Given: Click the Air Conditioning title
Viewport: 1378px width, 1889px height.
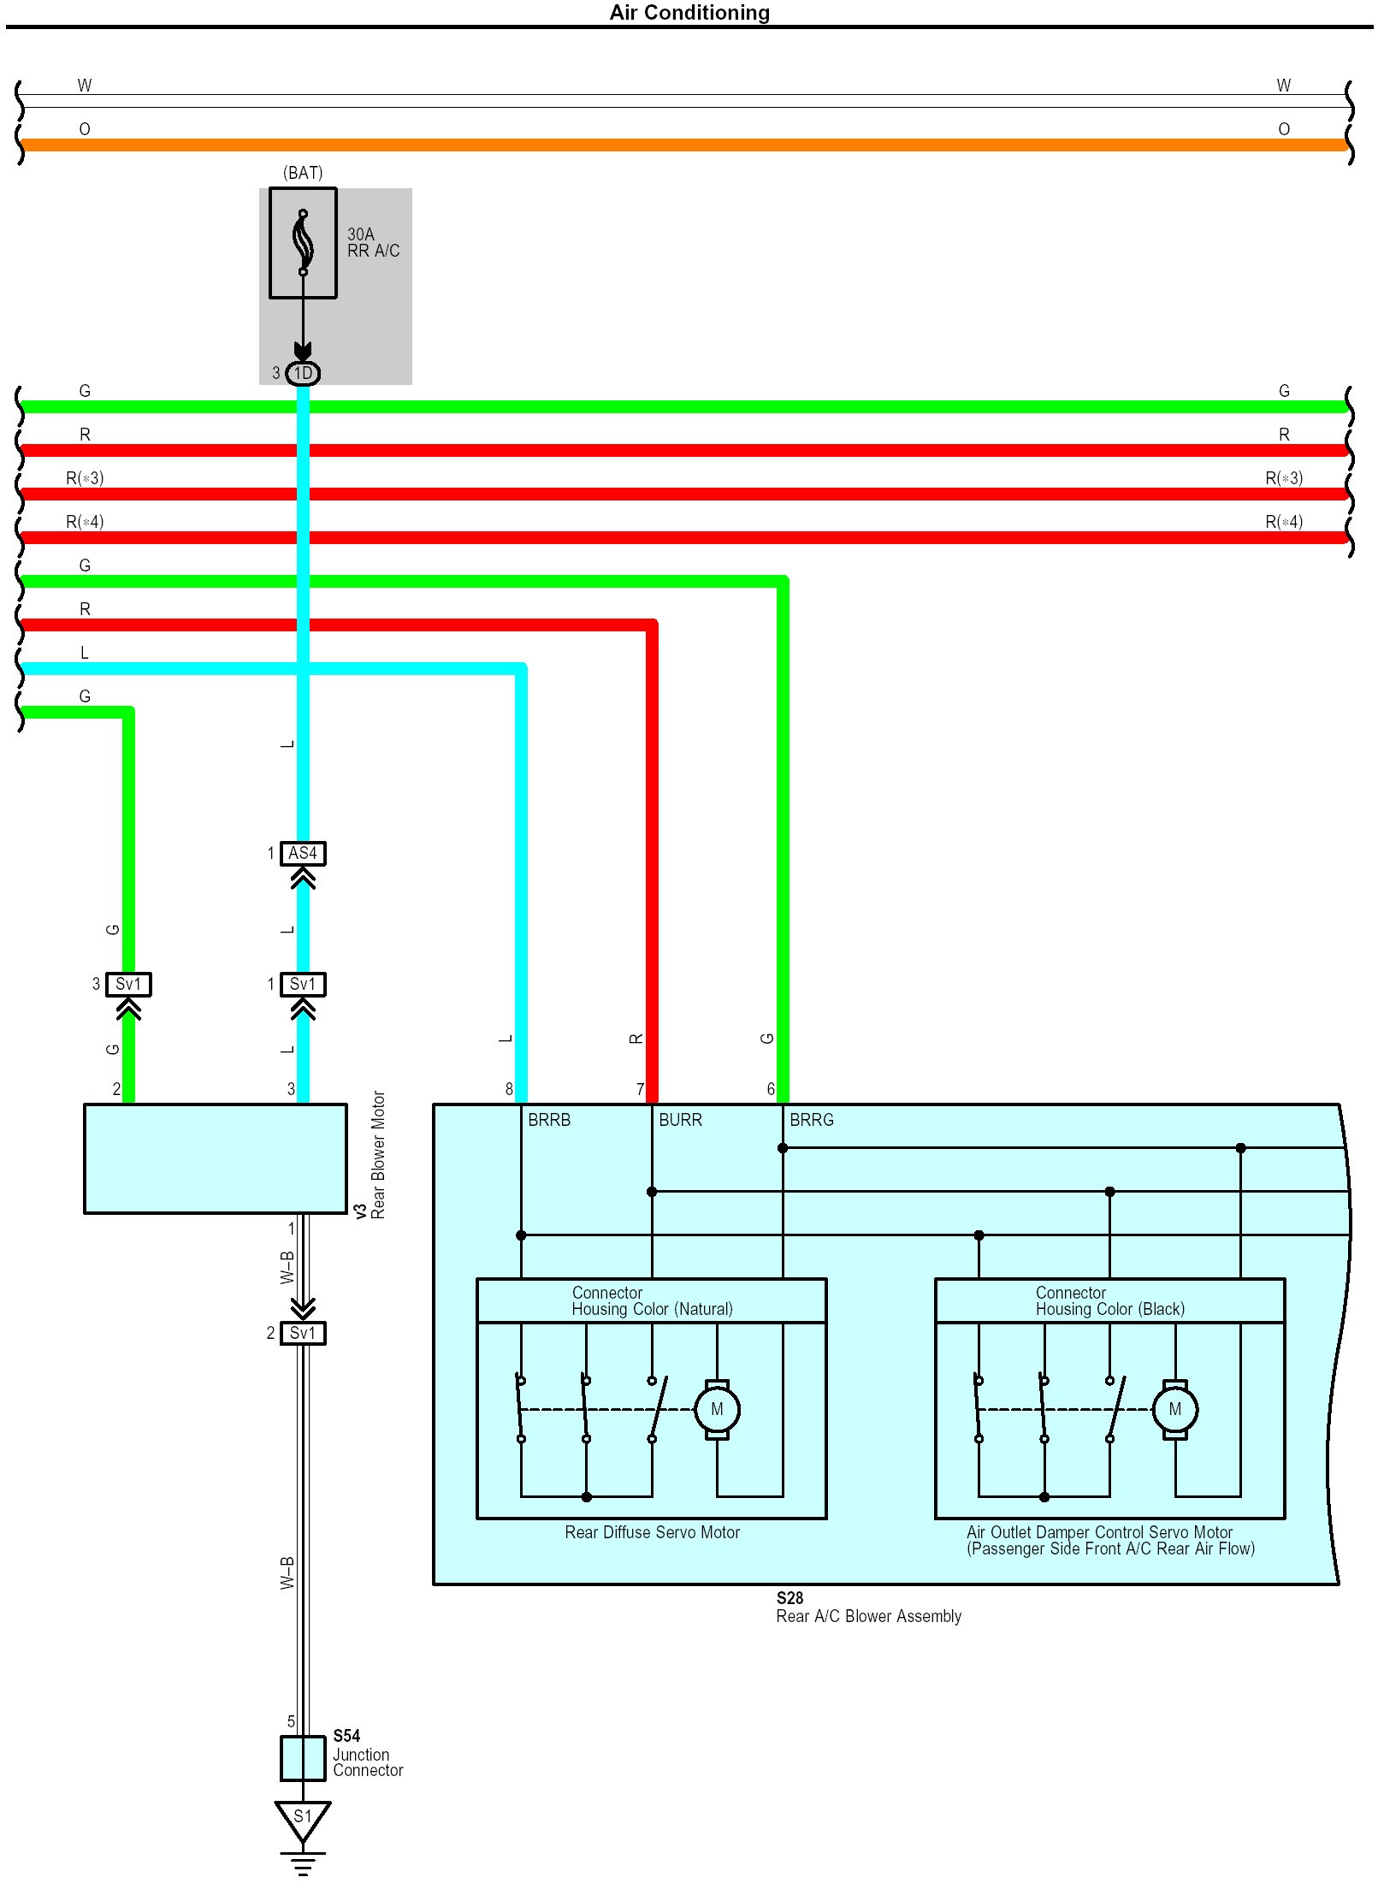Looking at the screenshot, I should pyautogui.click(x=689, y=13).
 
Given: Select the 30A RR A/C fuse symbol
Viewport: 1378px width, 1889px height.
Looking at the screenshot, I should pyautogui.click(x=303, y=243).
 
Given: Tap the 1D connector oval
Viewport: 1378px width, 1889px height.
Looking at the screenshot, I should pyautogui.click(x=303, y=374).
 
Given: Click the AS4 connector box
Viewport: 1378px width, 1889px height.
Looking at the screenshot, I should pyautogui.click(x=303, y=854).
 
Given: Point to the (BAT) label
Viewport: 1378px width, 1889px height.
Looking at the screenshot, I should pyautogui.click(x=303, y=173).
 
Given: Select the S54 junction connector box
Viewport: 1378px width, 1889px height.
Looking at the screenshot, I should pyautogui.click(x=303, y=1759).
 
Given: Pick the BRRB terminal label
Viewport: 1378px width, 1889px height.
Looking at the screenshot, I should pyautogui.click(x=549, y=1120).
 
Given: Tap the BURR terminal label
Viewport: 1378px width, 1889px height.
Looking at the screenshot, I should pyautogui.click(x=680, y=1120).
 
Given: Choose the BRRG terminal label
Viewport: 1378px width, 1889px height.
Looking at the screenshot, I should pyautogui.click(x=811, y=1120).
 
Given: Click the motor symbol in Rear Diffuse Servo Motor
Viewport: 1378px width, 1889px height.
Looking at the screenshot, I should pyautogui.click(x=717, y=1410).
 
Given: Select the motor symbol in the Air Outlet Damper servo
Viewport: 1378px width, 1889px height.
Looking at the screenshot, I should pyautogui.click(x=1174, y=1410).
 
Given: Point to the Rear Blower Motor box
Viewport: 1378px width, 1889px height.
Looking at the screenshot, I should pyautogui.click(x=215, y=1158).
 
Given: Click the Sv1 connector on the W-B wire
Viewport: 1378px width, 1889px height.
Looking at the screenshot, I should pyautogui.click(x=303, y=1333).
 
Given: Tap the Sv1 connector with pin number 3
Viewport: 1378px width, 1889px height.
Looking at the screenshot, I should pyautogui.click(x=128, y=985).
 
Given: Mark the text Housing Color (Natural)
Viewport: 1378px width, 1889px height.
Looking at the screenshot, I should pyautogui.click(x=652, y=1310).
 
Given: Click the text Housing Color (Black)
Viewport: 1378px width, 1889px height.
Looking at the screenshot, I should pyautogui.click(x=1109, y=1310).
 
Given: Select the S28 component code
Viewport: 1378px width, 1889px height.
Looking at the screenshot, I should pyautogui.click(x=790, y=1598).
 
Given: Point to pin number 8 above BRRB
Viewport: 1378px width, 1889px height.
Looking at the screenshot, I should pyautogui.click(x=509, y=1089).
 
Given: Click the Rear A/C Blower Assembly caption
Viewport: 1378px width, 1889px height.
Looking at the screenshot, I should pyautogui.click(x=868, y=1616).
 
